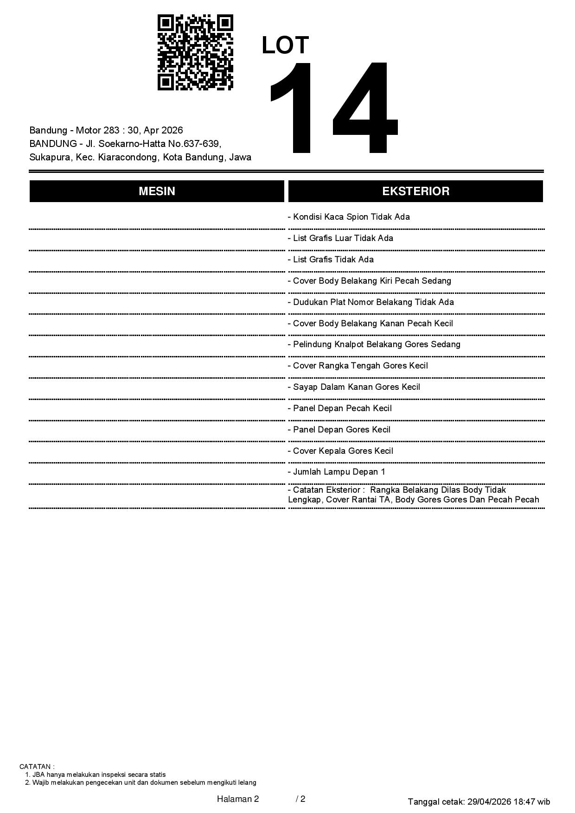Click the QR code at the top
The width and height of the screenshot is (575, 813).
point(195,52)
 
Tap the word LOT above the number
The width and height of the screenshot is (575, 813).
point(285,45)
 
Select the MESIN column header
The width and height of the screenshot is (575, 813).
point(157,191)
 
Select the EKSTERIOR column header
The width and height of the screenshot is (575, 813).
point(415,191)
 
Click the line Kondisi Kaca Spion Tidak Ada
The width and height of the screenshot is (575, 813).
point(349,217)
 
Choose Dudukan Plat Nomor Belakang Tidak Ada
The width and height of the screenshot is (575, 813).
point(371,302)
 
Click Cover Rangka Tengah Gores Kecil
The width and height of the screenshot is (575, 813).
point(358,366)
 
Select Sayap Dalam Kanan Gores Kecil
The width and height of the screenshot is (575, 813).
point(354,387)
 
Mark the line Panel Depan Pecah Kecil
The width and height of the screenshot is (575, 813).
point(340,408)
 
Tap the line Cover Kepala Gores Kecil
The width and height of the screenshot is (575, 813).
point(340,451)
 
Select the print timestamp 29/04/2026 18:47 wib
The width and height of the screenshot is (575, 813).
point(509,801)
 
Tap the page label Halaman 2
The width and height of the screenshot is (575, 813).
point(238,799)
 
